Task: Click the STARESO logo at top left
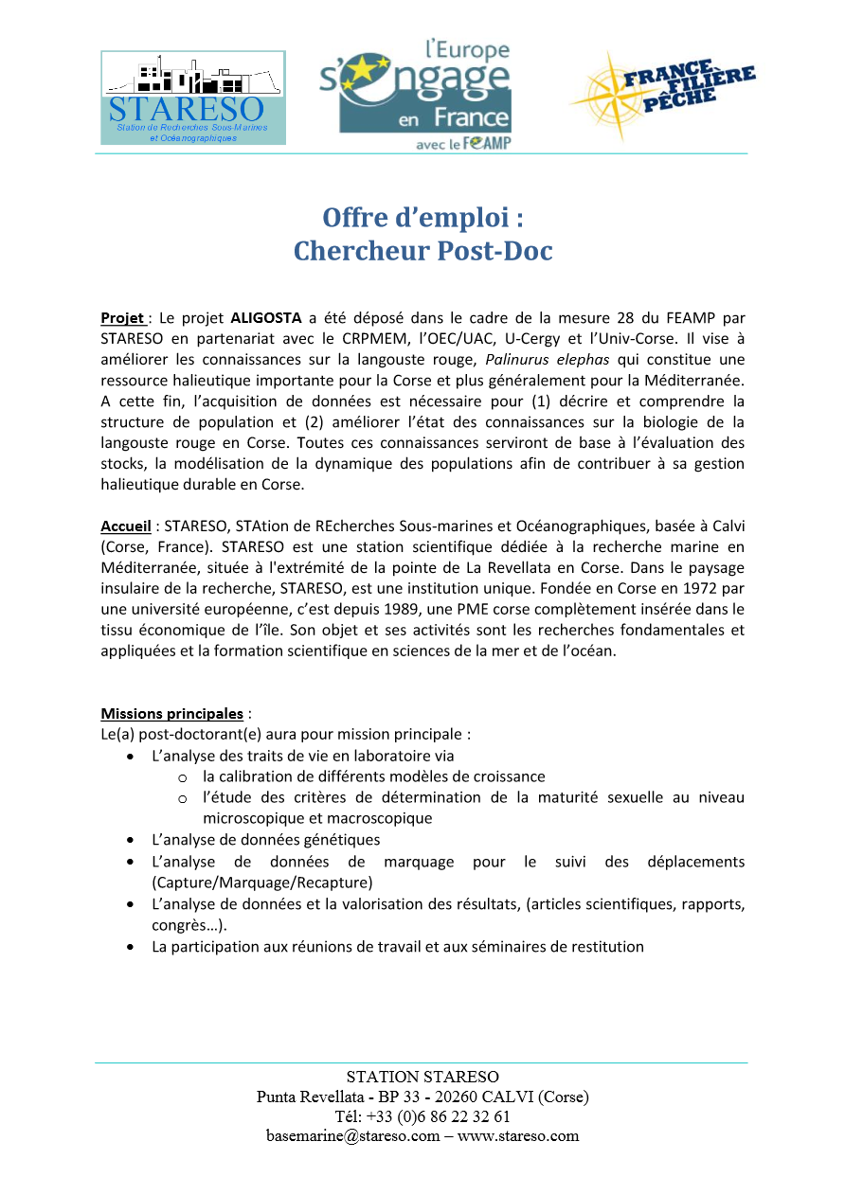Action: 192,98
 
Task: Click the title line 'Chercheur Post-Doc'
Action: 422,251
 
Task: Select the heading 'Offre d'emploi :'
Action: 422,217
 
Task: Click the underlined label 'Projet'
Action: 122,317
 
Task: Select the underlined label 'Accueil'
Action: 125,526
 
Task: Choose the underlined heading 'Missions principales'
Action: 171,713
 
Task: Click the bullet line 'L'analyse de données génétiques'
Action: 265,840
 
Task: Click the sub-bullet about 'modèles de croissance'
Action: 374,776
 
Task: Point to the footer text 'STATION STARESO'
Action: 422,1077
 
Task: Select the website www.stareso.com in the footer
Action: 518,1136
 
